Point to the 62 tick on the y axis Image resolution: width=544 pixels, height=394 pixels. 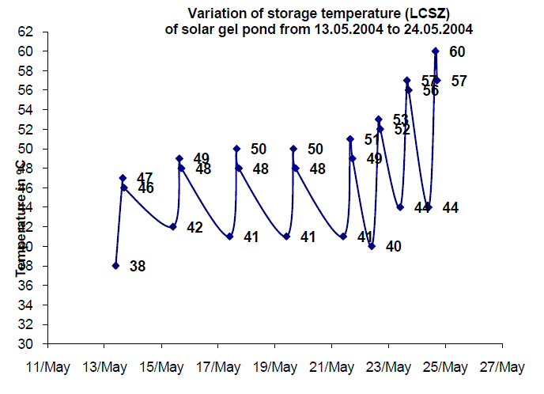click(x=28, y=32)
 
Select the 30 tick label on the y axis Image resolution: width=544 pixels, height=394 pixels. click(x=28, y=344)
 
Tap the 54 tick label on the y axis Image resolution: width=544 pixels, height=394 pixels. click(x=28, y=110)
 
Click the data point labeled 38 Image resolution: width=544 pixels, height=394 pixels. click(x=115, y=266)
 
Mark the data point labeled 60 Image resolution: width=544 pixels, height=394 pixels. click(x=436, y=51)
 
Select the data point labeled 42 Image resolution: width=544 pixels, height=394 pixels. click(x=172, y=227)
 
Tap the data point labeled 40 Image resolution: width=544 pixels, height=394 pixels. click(x=372, y=246)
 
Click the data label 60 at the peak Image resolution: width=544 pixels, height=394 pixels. click(x=457, y=52)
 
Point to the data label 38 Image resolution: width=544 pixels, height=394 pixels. click(x=138, y=267)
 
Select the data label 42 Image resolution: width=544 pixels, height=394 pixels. click(x=195, y=228)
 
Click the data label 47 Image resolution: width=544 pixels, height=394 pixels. click(x=145, y=177)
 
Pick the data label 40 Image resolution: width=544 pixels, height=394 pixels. click(x=394, y=247)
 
